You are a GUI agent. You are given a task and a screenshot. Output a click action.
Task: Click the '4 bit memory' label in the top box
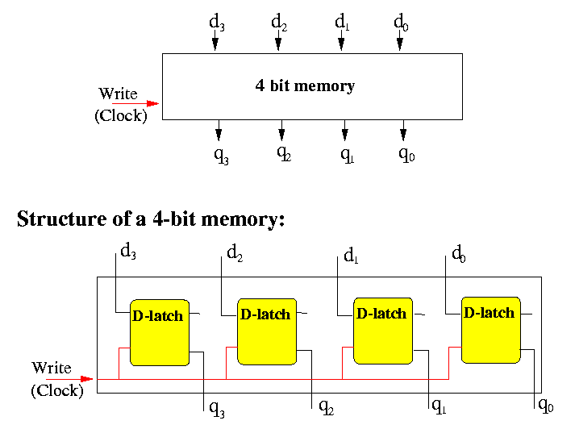305,85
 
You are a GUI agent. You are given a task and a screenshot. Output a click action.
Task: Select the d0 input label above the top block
402,23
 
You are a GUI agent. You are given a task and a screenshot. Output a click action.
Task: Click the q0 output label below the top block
406,154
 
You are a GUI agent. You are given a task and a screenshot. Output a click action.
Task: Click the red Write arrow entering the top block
135,103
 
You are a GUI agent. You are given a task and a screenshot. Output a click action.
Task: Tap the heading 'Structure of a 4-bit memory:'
152,219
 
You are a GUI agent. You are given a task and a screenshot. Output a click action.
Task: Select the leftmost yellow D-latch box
159,331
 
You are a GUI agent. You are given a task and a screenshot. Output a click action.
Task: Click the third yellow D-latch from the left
382,328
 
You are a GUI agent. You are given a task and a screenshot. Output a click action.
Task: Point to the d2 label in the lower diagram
235,255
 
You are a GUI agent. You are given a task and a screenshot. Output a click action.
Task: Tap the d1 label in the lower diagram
351,256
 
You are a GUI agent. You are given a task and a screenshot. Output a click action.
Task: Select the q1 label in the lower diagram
439,406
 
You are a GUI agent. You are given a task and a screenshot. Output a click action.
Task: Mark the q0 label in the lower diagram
546,405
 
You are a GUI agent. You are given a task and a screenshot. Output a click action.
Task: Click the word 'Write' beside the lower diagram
52,369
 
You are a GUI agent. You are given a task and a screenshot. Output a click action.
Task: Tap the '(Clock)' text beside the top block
121,115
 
